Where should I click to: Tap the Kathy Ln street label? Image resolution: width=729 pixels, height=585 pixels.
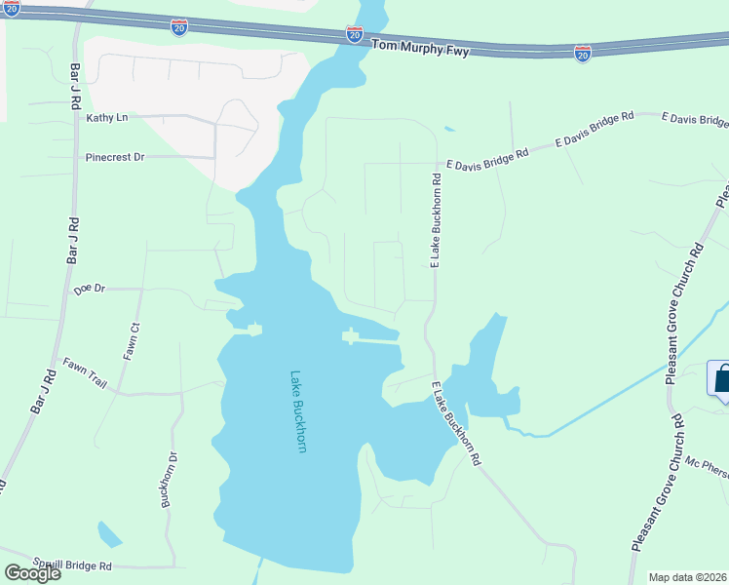pos(107,118)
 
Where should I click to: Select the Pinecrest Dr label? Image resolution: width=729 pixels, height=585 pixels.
pos(115,156)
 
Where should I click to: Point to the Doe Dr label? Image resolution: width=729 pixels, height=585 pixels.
pos(89,290)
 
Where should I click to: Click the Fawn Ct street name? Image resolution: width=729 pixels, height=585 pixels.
pos(132,341)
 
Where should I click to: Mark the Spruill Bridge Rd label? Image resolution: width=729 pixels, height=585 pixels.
pos(70,565)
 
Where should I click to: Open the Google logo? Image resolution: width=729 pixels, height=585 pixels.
pos(31,573)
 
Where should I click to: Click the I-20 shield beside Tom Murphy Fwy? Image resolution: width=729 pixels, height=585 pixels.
pos(355,34)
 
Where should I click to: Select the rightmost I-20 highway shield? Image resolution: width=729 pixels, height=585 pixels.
pos(582,55)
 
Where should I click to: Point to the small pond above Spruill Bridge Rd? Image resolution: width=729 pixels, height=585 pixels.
pos(109,534)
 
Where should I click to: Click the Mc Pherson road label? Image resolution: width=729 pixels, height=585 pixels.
pos(707,469)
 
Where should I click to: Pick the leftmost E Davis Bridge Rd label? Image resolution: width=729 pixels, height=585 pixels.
pos(487,159)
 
